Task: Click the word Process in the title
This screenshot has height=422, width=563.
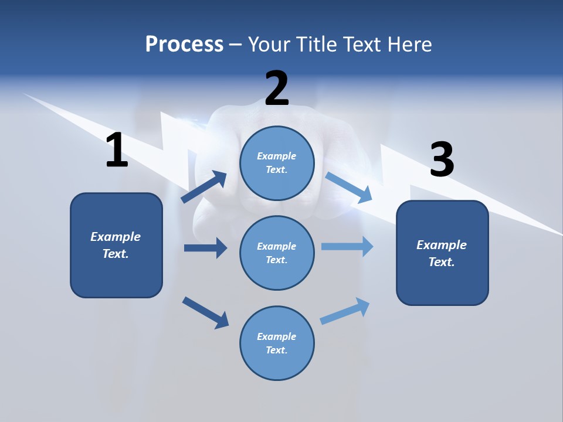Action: [x=184, y=45]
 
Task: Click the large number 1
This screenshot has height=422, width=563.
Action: [x=117, y=151]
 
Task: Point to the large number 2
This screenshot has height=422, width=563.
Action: [x=277, y=89]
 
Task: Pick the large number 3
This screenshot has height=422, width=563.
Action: [x=442, y=160]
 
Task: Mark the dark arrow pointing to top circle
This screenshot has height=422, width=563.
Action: [x=204, y=186]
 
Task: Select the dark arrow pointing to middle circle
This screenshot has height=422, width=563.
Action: [x=205, y=248]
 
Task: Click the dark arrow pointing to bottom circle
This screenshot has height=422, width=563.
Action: [x=205, y=312]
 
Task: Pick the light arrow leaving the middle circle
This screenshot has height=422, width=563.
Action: [x=347, y=246]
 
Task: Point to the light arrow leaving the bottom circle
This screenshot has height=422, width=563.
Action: [x=345, y=311]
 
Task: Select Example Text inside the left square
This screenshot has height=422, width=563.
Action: [x=116, y=245]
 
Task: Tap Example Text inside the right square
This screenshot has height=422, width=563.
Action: [x=442, y=253]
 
